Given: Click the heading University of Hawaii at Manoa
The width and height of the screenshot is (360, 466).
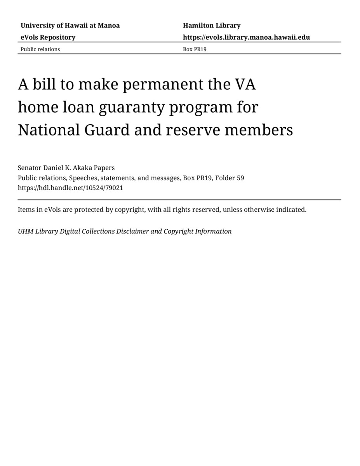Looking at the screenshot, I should point(70,26).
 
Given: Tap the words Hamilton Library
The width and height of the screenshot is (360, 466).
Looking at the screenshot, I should point(212,26).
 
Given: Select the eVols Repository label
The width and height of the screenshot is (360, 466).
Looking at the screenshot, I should point(48,37).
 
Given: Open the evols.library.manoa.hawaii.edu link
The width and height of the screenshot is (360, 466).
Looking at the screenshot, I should point(246,37).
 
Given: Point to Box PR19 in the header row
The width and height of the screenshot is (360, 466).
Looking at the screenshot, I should point(195,49).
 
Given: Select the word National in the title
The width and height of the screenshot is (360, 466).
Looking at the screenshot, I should point(48,130).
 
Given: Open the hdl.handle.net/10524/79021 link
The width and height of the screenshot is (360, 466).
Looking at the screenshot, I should point(70,188).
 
